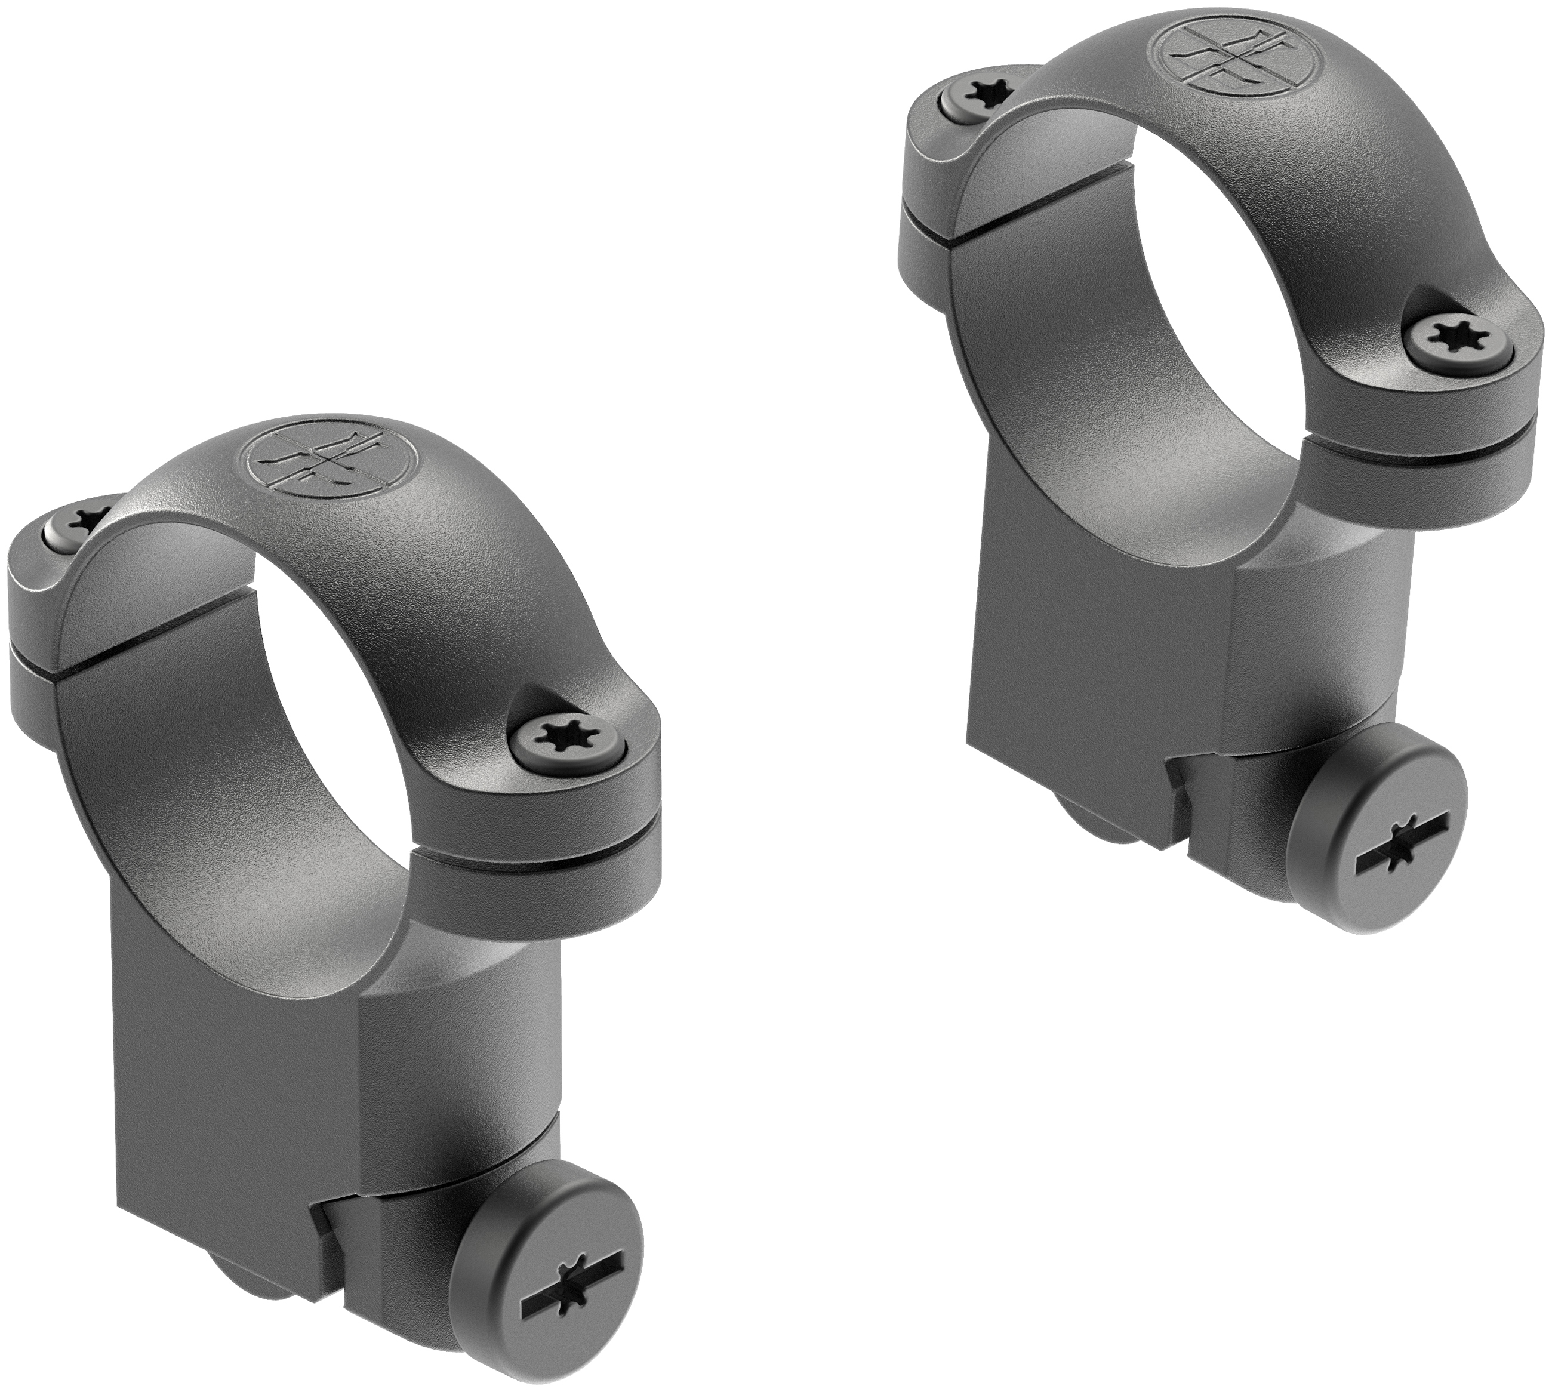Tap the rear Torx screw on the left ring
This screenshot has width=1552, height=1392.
(x=77, y=522)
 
